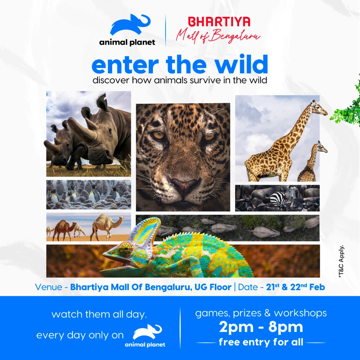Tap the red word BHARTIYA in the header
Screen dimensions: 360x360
(219, 22)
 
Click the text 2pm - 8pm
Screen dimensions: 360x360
(261, 327)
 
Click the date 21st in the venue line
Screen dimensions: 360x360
(273, 287)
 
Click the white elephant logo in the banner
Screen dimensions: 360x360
(147, 332)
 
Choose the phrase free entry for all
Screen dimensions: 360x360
(261, 342)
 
